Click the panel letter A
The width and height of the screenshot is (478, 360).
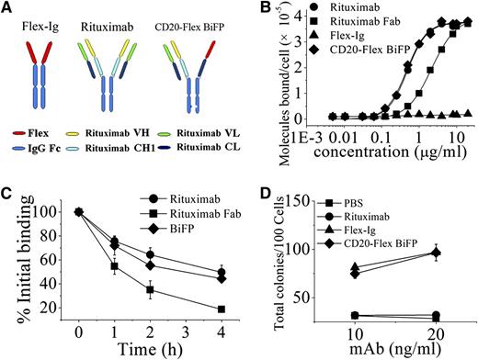point(8,8)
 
